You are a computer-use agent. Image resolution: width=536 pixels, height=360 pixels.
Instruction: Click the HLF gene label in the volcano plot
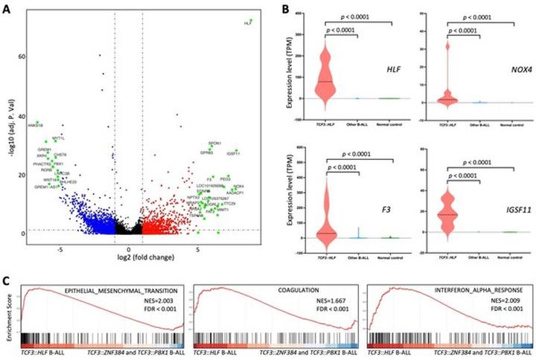point(247,24)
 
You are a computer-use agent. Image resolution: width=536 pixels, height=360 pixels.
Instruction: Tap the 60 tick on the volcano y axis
point(21,57)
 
